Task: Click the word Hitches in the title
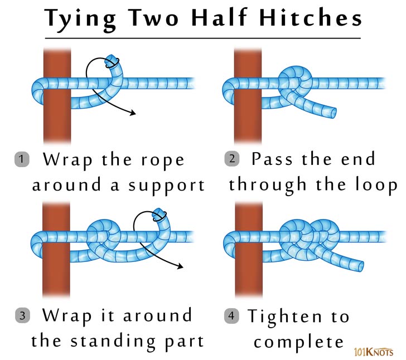tap(310, 18)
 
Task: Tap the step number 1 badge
tap(21, 159)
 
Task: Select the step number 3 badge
tap(21, 316)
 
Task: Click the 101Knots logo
tap(373, 352)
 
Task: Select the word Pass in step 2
tap(272, 159)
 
